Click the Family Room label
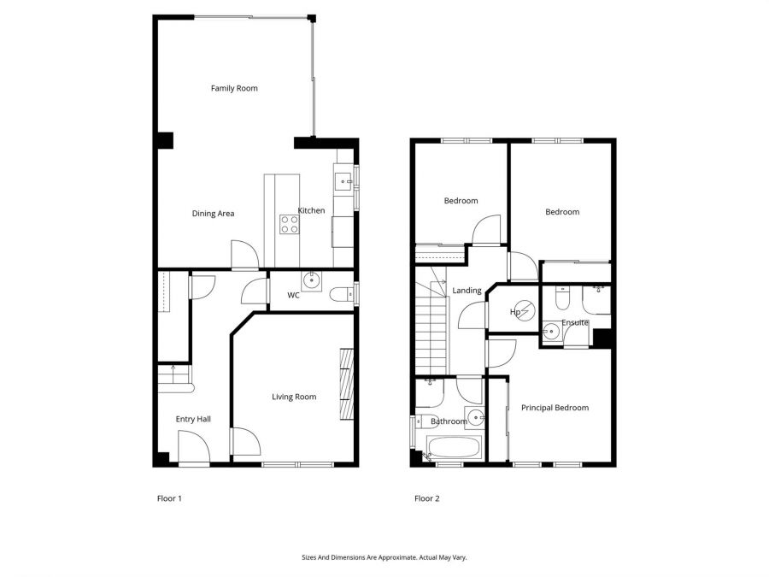[x=234, y=88]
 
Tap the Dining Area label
[x=213, y=213]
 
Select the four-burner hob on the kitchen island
[x=290, y=224]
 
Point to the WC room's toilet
[x=341, y=295]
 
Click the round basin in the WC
[x=312, y=280]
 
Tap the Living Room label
[x=294, y=397]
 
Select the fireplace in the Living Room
[x=345, y=385]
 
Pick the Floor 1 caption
[x=169, y=498]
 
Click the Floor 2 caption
[x=426, y=498]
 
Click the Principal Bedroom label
[x=555, y=408]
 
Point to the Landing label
[x=467, y=291]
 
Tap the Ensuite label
[x=574, y=322]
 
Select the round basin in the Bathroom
[x=475, y=418]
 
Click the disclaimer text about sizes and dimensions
[x=384, y=557]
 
